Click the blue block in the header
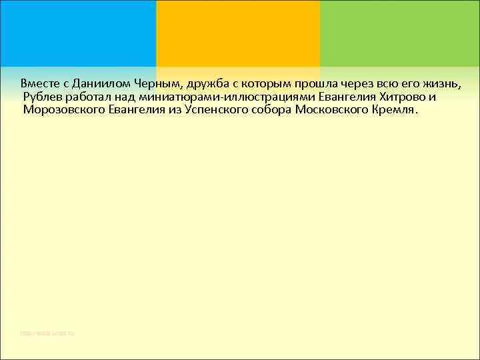click(77, 33)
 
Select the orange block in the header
click(237, 33)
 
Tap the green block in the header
click(399, 33)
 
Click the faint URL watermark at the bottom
click(47, 333)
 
